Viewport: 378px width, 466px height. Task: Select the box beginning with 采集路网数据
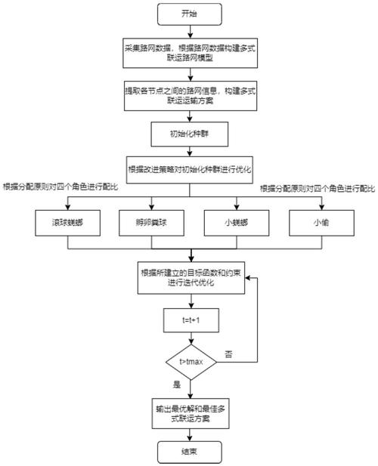[x=190, y=51]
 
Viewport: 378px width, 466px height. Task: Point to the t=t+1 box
[x=190, y=320]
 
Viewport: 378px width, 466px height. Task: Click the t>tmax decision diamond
[x=190, y=363]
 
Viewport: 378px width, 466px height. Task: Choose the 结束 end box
[x=190, y=452]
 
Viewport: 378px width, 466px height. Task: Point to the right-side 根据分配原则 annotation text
[x=318, y=185]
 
